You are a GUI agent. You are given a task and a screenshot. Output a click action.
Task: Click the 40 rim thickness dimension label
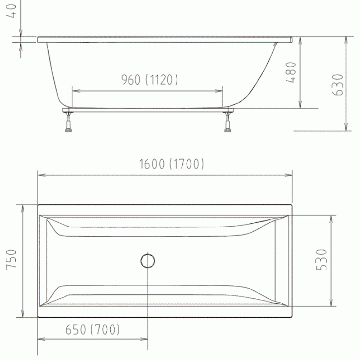click(x=11, y=11)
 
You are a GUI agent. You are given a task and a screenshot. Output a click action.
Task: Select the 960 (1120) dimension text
click(x=149, y=80)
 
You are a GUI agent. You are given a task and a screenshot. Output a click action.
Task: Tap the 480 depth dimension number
click(x=291, y=72)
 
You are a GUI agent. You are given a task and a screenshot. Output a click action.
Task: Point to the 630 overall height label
click(x=338, y=85)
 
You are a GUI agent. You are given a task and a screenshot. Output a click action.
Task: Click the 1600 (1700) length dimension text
click(x=171, y=164)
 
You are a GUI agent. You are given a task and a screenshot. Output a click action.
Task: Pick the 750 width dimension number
click(x=11, y=259)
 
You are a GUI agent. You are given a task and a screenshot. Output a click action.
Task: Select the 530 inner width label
click(x=321, y=260)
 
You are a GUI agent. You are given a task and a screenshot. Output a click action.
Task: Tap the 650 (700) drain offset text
click(x=93, y=329)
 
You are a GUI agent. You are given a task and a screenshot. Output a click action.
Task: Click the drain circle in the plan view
click(x=148, y=261)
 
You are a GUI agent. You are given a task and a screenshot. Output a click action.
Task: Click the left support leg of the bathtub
click(x=68, y=122)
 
